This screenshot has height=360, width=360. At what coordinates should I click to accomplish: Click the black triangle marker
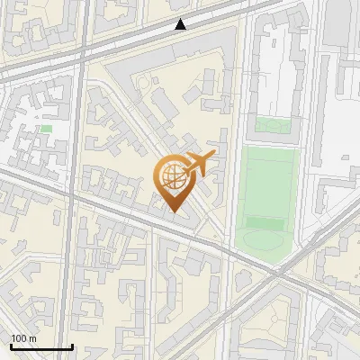[181, 24]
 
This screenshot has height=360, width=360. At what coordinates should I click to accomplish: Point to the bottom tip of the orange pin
[173, 212]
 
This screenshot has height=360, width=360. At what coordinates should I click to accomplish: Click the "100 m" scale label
[23, 338]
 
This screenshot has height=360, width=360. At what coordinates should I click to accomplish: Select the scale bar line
[41, 346]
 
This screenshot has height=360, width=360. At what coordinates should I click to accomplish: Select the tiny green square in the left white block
[46, 129]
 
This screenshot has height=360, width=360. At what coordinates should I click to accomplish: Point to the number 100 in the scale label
[19, 338]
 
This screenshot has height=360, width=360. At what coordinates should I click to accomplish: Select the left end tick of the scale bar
[11, 346]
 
